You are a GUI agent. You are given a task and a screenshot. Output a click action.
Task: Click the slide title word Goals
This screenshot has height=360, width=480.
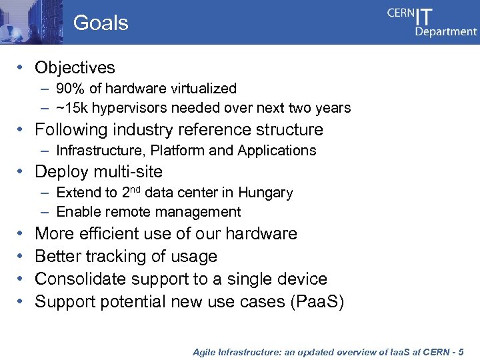point(101,23)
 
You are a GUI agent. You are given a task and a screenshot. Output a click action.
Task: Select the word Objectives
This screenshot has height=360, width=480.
point(75,67)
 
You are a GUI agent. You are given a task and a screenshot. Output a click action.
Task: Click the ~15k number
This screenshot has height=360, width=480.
point(71,108)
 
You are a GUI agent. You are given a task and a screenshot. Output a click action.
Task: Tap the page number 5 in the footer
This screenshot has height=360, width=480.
point(471,351)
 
